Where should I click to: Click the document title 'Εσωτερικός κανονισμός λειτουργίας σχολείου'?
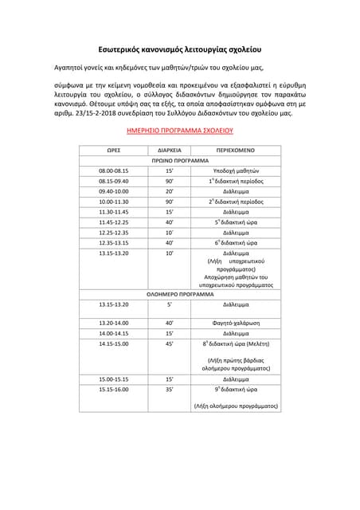coord(180,48)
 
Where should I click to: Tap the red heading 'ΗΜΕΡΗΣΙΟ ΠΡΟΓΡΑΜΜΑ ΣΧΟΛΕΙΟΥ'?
coord(179,129)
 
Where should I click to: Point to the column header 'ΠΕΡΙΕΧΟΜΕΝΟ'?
coord(235,150)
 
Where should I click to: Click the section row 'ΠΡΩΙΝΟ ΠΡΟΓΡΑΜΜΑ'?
coord(179,160)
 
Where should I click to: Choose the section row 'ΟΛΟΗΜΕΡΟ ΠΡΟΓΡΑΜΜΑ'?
coord(179,294)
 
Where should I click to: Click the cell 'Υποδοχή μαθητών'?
coord(236,171)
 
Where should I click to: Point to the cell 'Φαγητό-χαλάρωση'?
coord(236,323)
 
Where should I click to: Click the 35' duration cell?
coord(169,390)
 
